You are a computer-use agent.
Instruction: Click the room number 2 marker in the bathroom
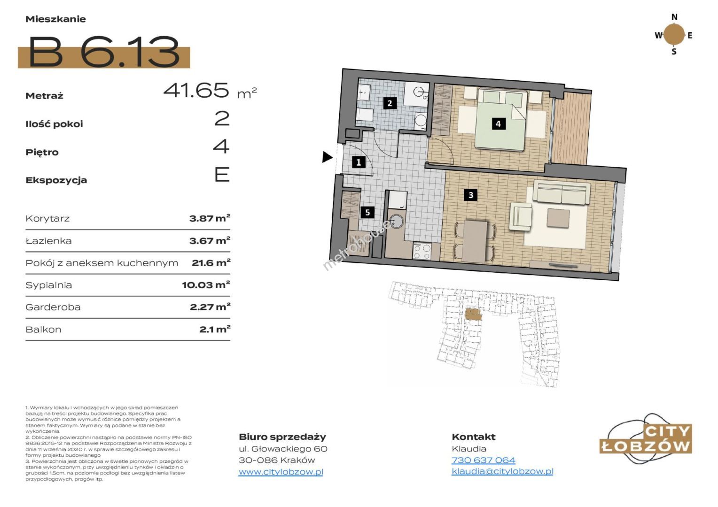(390, 103)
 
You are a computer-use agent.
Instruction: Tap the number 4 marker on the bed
(499, 123)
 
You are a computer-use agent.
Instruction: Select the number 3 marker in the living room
(470, 195)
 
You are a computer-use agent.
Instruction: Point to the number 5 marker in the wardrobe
(367, 212)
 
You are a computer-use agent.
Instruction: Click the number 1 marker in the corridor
(359, 162)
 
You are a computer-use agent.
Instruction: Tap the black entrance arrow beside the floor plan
(327, 157)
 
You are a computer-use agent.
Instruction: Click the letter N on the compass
(674, 17)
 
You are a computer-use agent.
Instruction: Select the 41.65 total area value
(196, 90)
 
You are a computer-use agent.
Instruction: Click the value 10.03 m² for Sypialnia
(206, 284)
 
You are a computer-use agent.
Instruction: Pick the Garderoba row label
(53, 307)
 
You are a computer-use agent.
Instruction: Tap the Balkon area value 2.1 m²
(215, 329)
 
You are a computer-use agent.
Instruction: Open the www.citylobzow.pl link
(281, 472)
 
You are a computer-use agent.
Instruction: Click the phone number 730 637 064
(484, 460)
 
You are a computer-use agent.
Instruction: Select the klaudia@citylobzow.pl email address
(503, 471)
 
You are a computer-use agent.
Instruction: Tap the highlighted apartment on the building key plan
(473, 314)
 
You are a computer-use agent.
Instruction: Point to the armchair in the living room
(520, 216)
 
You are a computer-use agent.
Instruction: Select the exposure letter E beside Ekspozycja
(222, 175)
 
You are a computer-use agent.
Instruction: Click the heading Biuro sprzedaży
(282, 437)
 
